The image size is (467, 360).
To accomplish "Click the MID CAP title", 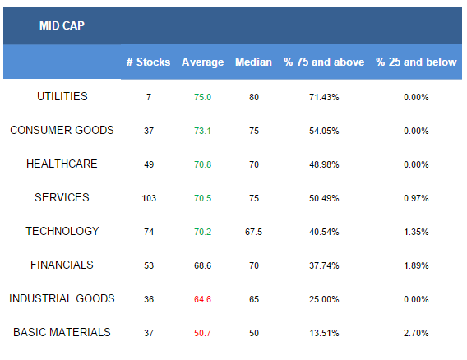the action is point(62,25).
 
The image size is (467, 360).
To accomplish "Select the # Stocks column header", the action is point(148,62).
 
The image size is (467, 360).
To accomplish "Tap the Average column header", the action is point(202,62).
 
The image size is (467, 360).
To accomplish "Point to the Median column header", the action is point(253,62).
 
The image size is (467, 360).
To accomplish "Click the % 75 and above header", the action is point(324,62).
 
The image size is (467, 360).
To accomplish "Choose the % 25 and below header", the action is point(416,62).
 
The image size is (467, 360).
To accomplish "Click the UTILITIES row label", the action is point(62,96).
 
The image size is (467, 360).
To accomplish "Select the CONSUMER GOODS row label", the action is point(62,130).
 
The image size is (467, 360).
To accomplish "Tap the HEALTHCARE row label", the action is point(62,164).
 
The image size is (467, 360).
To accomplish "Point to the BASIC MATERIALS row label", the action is point(62,332).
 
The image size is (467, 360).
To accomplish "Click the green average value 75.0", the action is point(202,97).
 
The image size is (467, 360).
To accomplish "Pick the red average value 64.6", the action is point(202,299).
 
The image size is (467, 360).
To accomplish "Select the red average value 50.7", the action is point(202,333).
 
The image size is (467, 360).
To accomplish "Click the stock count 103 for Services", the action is point(149,198).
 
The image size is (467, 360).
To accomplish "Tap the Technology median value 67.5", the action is point(254,232).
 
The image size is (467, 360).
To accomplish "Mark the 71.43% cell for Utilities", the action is point(324,97).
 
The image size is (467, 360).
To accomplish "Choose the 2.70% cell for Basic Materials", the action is point(416,333).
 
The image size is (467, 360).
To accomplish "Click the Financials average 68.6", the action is point(202,265).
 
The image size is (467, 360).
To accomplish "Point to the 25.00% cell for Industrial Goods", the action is point(324,299).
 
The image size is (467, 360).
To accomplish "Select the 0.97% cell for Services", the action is point(416,198).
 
